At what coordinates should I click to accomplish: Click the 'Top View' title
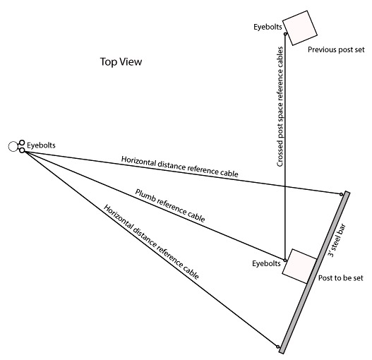pyautogui.click(x=121, y=61)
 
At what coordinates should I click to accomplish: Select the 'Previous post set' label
pyautogui.click(x=336, y=49)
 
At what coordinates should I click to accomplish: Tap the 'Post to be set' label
pyautogui.click(x=340, y=278)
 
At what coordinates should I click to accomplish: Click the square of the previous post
pyautogui.click(x=300, y=28)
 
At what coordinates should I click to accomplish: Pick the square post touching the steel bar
pyautogui.click(x=299, y=266)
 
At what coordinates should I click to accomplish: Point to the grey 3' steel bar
pyautogui.click(x=314, y=272)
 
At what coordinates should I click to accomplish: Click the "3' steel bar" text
pyautogui.click(x=337, y=241)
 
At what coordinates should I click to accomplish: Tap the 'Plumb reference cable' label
pyautogui.click(x=170, y=205)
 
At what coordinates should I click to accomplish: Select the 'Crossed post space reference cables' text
pyautogui.click(x=280, y=107)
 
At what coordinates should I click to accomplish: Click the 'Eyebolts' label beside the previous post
pyautogui.click(x=268, y=27)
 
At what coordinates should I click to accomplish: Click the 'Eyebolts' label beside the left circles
pyautogui.click(x=41, y=145)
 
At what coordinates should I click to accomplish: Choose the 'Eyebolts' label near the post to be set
pyautogui.click(x=266, y=263)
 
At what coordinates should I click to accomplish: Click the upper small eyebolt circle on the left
pyautogui.click(x=22, y=143)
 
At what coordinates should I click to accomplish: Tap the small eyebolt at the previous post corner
pyautogui.click(x=285, y=34)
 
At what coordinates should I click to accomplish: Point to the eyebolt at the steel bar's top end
pyautogui.click(x=341, y=194)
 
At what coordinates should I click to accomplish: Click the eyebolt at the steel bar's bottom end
pyautogui.click(x=278, y=347)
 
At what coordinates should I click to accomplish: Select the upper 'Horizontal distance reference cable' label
pyautogui.click(x=179, y=167)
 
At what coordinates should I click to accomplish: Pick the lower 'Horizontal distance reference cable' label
pyautogui.click(x=151, y=242)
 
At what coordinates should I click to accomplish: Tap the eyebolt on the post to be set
pyautogui.click(x=285, y=260)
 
